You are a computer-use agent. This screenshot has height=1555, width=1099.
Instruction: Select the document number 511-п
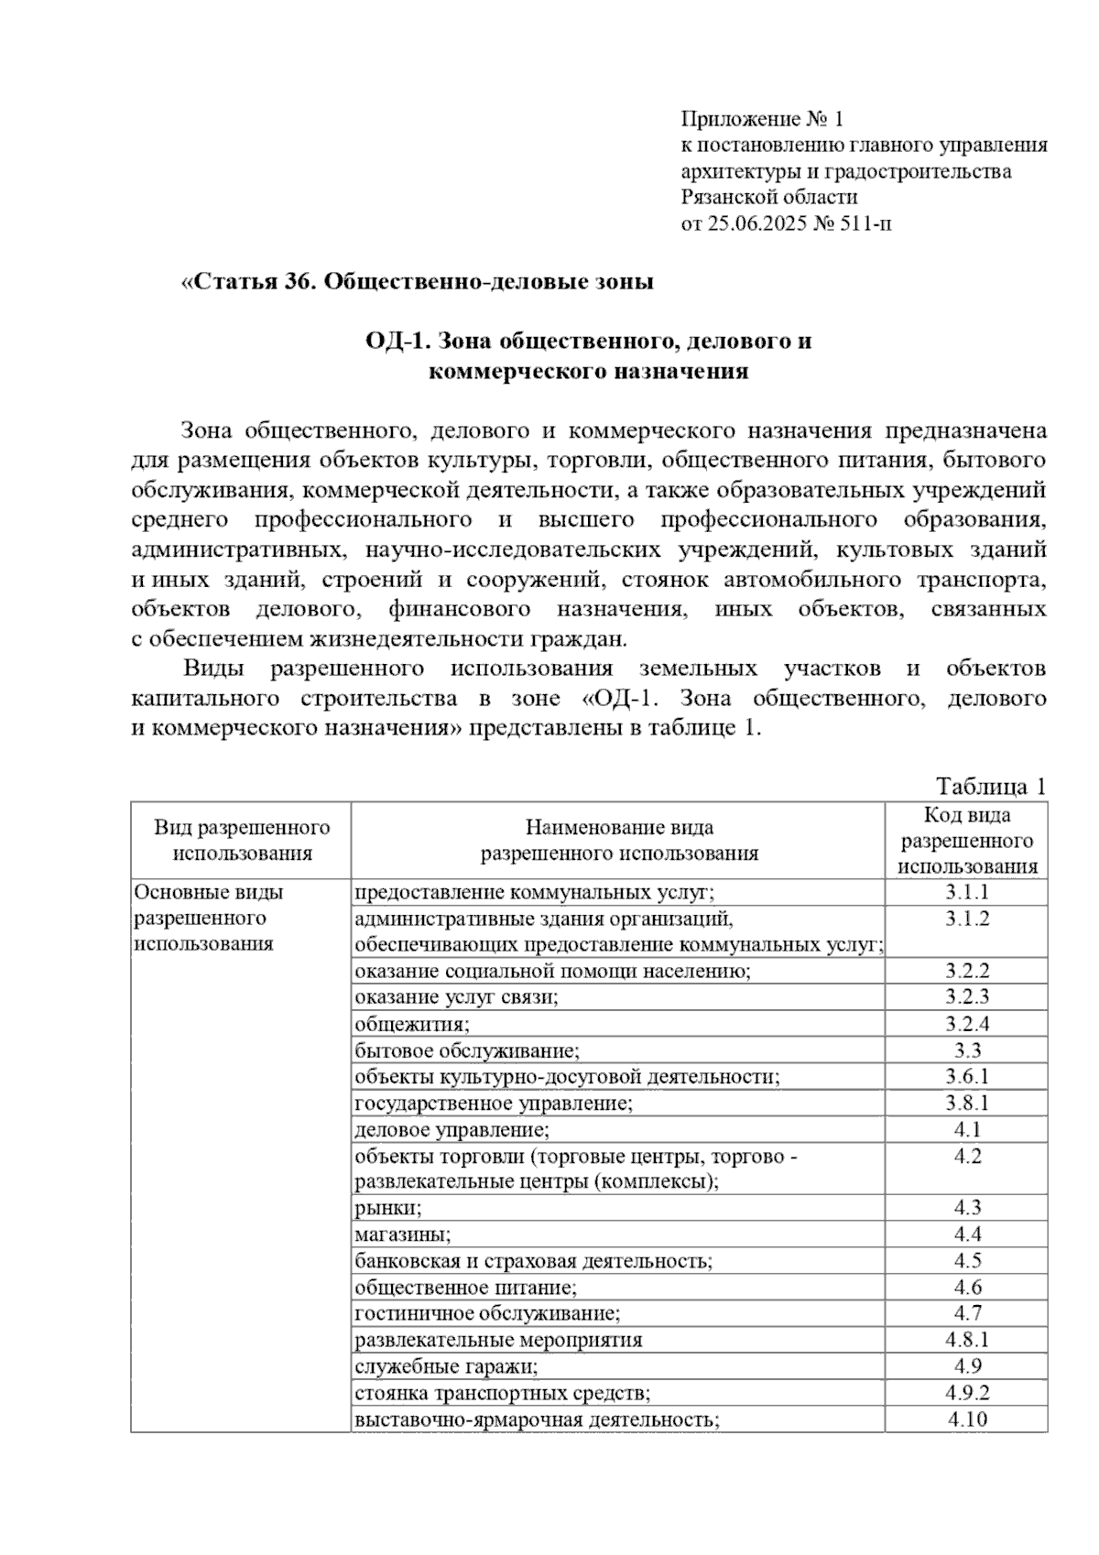coord(861,223)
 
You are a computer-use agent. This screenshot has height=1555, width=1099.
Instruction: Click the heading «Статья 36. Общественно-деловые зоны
coord(418,281)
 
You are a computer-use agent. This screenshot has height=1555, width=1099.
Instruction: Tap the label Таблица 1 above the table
coord(990,786)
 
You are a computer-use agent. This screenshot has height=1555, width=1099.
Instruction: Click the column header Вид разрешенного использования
coord(242,840)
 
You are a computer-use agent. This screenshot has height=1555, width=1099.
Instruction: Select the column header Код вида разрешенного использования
coord(967,840)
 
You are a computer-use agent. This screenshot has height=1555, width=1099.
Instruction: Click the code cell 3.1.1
coord(967,892)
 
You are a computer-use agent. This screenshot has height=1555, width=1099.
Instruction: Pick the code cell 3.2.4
coord(967,1024)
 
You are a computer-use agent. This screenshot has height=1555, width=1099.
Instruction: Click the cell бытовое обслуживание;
coord(467,1050)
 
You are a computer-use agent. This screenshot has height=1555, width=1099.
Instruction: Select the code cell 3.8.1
coord(967,1103)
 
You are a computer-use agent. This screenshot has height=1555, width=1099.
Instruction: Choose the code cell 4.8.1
coord(967,1340)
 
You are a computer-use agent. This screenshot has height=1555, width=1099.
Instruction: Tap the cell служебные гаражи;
coord(446,1366)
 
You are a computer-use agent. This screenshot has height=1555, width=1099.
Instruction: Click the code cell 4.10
coord(967,1419)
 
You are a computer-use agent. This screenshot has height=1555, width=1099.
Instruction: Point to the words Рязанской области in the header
coord(769,197)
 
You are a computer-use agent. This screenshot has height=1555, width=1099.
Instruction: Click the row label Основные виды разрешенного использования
coord(209,918)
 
